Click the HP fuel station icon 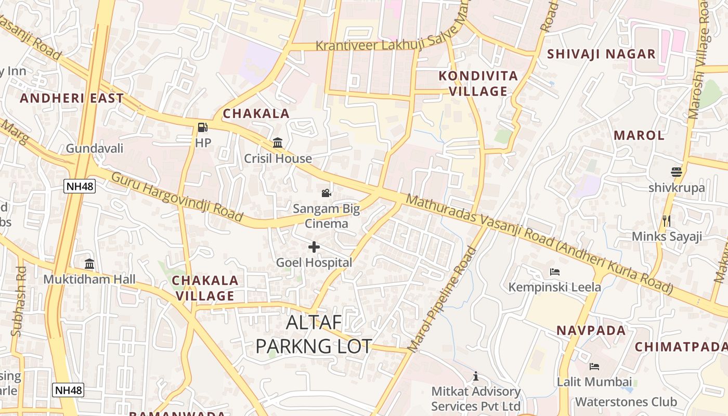(x=202, y=127)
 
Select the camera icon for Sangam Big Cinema (x=326, y=193)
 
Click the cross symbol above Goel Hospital (x=314, y=247)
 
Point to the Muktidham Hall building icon (x=89, y=264)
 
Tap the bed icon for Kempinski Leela (x=554, y=272)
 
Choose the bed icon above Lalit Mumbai (x=594, y=367)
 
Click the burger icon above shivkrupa (x=677, y=172)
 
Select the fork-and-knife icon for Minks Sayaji (x=667, y=221)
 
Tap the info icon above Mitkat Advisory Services (x=475, y=376)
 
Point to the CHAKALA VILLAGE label (x=205, y=288)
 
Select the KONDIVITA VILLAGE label (x=478, y=84)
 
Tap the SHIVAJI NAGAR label (x=601, y=54)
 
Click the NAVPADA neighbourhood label (x=591, y=331)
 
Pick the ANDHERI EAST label (x=72, y=98)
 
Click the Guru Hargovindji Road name (x=177, y=197)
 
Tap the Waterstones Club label (x=626, y=402)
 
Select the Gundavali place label (x=95, y=149)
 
